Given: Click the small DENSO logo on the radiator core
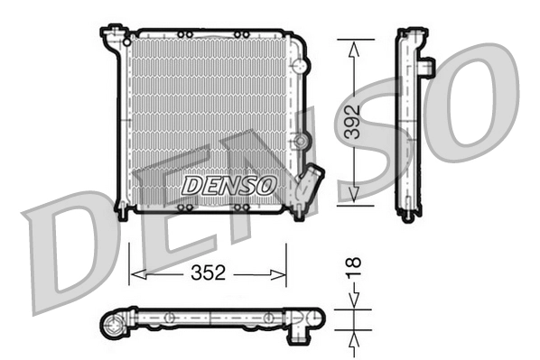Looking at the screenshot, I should tap(228, 185).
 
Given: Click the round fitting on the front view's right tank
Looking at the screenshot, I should tap(303, 141).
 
